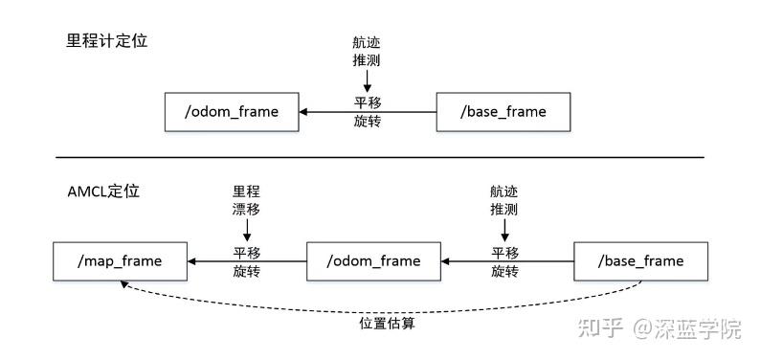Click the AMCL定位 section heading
pyautogui.click(x=97, y=191)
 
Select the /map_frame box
pyautogui.click(x=121, y=260)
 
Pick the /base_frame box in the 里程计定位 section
pyautogui.click(x=503, y=111)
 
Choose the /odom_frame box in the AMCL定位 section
pyautogui.click(x=372, y=260)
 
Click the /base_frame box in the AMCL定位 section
pyautogui.click(x=640, y=260)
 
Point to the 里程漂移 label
pyautogui.click(x=246, y=199)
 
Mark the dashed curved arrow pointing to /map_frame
pyautogui.click(x=383, y=304)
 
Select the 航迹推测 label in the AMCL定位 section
pyautogui.click(x=504, y=199)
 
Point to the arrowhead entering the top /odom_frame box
pyautogui.click(x=304, y=111)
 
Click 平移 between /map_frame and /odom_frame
pyautogui.click(x=246, y=252)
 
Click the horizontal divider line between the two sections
pyautogui.click(x=379, y=156)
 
